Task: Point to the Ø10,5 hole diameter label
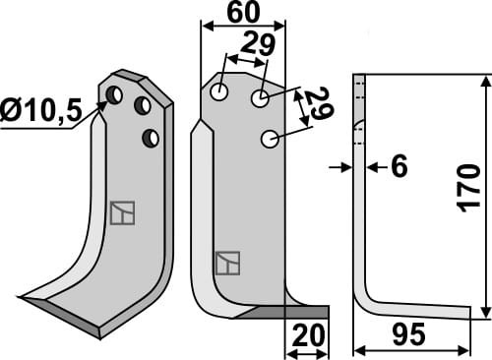click(x=45, y=109)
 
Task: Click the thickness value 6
click(x=399, y=167)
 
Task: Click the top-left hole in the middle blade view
click(x=218, y=91)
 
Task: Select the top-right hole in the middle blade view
click(x=260, y=98)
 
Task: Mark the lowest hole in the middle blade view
click(x=269, y=140)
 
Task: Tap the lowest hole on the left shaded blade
click(x=151, y=138)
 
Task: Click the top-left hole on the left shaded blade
click(x=114, y=95)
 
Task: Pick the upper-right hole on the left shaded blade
click(x=143, y=104)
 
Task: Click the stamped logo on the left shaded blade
click(x=122, y=211)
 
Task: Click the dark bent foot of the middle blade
click(x=285, y=312)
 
